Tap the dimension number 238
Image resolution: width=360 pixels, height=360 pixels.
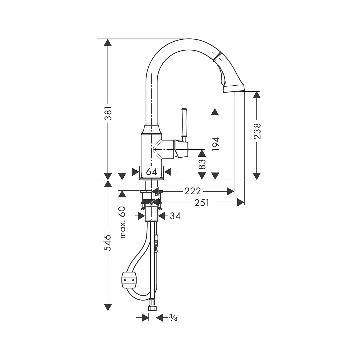point(257,131)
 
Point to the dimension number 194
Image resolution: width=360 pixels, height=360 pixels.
point(216,144)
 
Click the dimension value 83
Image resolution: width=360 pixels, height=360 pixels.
point(202,164)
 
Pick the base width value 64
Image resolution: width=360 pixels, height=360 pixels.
point(151,172)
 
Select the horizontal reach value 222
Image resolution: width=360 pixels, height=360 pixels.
point(193,191)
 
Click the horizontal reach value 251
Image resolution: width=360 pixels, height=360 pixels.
point(202,202)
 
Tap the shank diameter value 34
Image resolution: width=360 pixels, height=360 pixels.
point(175,216)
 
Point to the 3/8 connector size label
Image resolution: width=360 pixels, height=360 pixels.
point(173,318)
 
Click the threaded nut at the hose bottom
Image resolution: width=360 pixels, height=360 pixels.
point(153,307)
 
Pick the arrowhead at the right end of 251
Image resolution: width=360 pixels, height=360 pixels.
point(241,202)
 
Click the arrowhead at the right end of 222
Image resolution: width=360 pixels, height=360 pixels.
point(230,191)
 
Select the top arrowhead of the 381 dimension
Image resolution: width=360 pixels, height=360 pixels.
point(108,43)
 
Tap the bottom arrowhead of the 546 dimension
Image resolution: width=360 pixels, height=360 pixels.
point(108,307)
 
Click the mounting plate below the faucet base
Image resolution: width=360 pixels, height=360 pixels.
point(151,191)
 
